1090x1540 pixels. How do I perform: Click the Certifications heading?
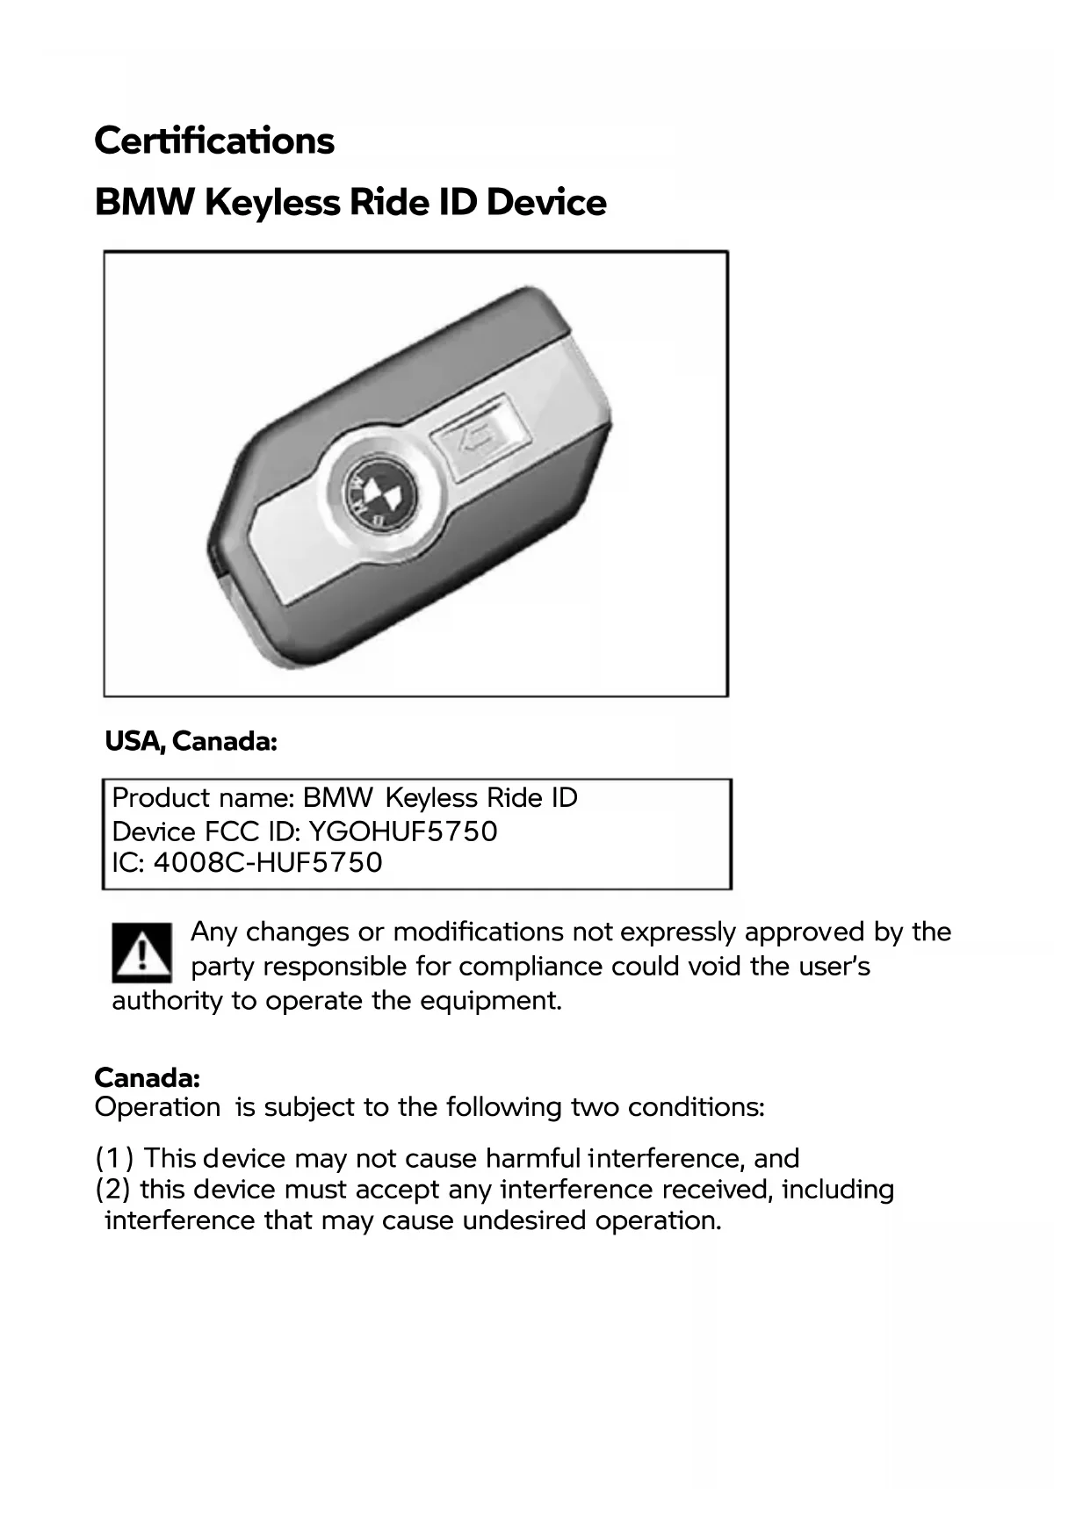(x=214, y=140)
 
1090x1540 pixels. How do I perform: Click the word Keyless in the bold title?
(x=272, y=203)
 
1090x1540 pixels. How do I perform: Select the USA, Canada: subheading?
(x=191, y=742)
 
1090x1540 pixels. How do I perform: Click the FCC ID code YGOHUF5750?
(x=403, y=831)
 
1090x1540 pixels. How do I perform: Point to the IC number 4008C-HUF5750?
(x=268, y=862)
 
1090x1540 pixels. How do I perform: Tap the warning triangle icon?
(x=141, y=953)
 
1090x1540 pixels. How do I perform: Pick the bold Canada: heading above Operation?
(x=148, y=1077)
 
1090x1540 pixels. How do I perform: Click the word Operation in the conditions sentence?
(x=157, y=1107)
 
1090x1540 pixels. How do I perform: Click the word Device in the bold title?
(x=545, y=203)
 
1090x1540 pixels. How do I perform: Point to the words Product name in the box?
(x=201, y=798)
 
